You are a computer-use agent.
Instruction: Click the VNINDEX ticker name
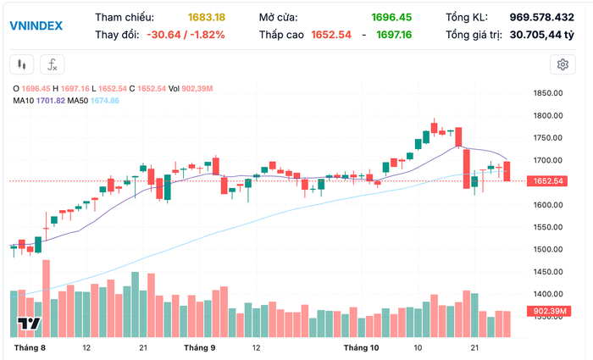point(36,25)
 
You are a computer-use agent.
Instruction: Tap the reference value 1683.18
point(206,17)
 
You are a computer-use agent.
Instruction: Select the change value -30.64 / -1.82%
point(186,35)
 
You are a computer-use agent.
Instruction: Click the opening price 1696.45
point(391,17)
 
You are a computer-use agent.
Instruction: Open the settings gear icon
point(562,64)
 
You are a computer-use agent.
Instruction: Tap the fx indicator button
point(53,64)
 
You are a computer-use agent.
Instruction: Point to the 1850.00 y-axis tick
point(549,94)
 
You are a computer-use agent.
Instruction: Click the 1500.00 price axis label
point(549,249)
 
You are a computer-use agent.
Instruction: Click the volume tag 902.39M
point(550,311)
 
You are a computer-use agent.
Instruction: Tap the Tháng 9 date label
point(200,347)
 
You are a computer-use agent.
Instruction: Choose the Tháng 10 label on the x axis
point(362,347)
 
